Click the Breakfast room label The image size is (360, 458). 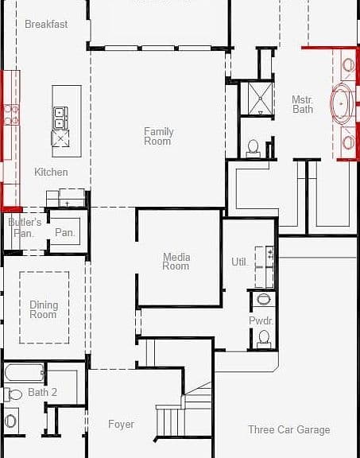[46, 24]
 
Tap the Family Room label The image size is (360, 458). [158, 136]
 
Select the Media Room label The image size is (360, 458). [176, 262]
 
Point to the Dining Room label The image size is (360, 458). [44, 309]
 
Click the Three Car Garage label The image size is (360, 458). [289, 429]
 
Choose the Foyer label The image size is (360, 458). [121, 424]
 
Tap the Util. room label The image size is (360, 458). [239, 262]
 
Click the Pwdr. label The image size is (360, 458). [261, 320]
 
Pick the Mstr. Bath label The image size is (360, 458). [303, 105]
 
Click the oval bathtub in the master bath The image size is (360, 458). [341, 103]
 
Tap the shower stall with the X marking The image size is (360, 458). [260, 99]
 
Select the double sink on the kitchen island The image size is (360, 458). [60, 118]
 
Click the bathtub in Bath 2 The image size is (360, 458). [25, 372]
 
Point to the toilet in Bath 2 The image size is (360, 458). [13, 395]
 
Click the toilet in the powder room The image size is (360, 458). [264, 339]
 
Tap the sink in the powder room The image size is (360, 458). [264, 300]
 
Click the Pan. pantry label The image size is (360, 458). [65, 232]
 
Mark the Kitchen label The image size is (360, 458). [51, 172]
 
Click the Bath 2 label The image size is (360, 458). [43, 392]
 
